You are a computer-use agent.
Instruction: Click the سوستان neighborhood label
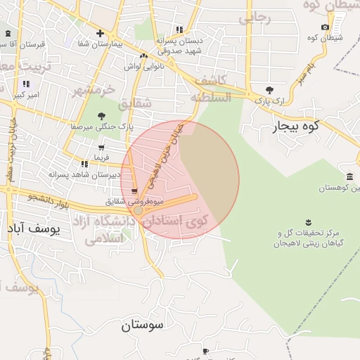click(142, 325)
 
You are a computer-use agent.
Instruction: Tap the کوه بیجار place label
click(295, 127)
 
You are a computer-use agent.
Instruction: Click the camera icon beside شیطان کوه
click(325, 27)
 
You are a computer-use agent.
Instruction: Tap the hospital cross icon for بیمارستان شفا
click(100, 33)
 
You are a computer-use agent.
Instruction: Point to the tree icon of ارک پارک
click(269, 90)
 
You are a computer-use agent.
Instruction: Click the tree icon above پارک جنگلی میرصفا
click(102, 115)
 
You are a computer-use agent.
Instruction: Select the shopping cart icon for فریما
click(102, 148)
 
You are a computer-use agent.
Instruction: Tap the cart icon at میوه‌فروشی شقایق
click(134, 191)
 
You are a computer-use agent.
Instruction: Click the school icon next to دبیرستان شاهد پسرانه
click(85, 164)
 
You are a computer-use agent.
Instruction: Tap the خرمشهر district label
click(93, 91)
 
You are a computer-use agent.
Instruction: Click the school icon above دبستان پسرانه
click(179, 30)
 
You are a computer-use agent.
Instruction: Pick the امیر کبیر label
click(28, 94)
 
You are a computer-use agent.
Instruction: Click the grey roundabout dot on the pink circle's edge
click(139, 210)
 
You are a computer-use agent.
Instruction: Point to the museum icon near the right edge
click(349, 176)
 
